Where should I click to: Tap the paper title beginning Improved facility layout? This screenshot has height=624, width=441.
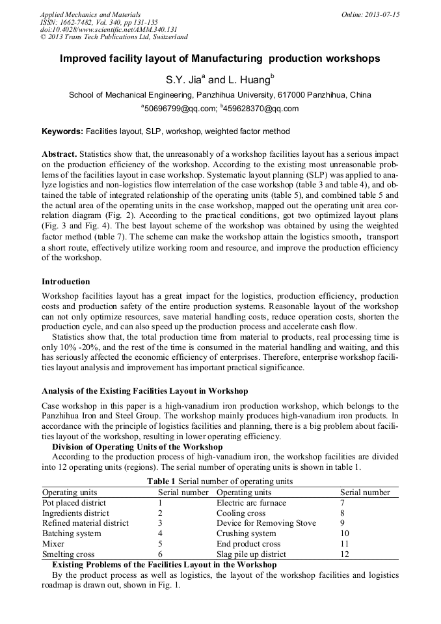[x=220, y=59]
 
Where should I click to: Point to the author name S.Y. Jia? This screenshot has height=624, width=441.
[x=184, y=81]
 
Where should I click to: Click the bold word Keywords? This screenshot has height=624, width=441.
[x=62, y=131]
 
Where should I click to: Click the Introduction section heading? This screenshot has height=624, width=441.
[x=66, y=282]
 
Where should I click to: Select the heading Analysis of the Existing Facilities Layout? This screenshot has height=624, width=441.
[x=144, y=391]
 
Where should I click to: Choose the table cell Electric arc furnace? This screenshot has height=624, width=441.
[x=251, y=503]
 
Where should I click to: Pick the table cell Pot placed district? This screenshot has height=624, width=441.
[x=74, y=503]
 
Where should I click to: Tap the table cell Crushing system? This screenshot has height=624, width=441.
[x=247, y=534]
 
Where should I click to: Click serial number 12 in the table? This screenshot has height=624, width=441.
[x=345, y=554]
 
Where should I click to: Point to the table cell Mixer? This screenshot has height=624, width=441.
[x=53, y=544]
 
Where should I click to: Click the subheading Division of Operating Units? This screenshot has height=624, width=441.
[x=137, y=447]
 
